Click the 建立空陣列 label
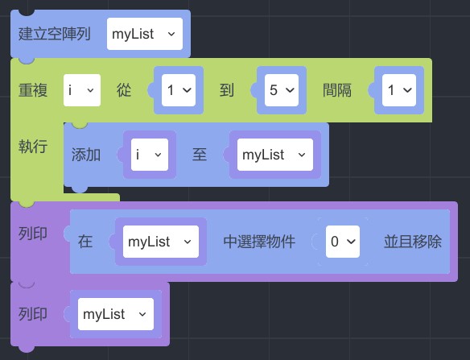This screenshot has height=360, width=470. click(x=54, y=34)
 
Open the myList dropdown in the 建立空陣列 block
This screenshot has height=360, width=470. click(x=145, y=34)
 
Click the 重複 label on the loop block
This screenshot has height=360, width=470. click(x=33, y=90)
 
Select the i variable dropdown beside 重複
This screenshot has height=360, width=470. click(x=82, y=90)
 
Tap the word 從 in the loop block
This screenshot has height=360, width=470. click(x=124, y=90)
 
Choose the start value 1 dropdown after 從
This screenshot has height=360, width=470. click(x=179, y=90)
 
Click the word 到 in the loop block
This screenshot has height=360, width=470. click(x=227, y=90)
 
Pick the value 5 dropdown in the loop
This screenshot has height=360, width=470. click(x=282, y=90)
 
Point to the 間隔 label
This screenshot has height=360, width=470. click(x=337, y=90)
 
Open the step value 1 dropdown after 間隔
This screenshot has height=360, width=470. click(x=399, y=90)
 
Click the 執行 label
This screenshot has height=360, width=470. click(x=33, y=147)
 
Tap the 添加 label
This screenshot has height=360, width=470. click(x=86, y=155)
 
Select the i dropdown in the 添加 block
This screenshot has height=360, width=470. click(x=150, y=155)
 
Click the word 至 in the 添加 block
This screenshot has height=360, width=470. click(x=200, y=155)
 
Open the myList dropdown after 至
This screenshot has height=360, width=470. click(x=275, y=155)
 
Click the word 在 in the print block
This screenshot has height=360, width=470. click(x=85, y=242)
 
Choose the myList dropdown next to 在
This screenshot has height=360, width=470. click(x=161, y=242)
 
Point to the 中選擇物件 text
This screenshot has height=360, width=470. click(x=260, y=242)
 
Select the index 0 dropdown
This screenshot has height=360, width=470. click(x=343, y=242)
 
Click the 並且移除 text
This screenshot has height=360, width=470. click(x=413, y=242)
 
